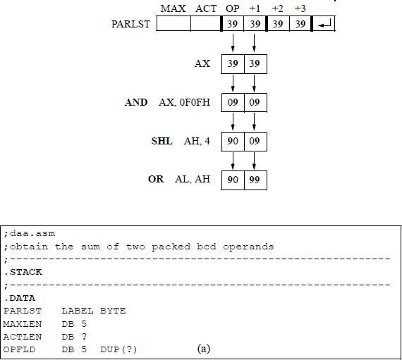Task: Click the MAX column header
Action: (x=174, y=8)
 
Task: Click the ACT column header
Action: (x=206, y=8)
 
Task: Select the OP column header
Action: (x=232, y=8)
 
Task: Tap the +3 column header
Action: (x=300, y=8)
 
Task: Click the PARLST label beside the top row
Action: (x=130, y=25)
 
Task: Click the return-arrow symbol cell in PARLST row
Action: (x=325, y=25)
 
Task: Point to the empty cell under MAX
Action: (x=173, y=25)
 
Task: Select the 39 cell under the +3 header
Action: (x=300, y=25)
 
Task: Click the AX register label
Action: (x=202, y=64)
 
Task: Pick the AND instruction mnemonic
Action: (x=136, y=103)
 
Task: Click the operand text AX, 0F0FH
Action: (x=184, y=103)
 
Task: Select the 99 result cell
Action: (x=255, y=180)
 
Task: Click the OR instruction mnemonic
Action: (x=156, y=180)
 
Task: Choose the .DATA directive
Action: (x=17, y=298)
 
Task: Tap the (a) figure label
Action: (x=204, y=349)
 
